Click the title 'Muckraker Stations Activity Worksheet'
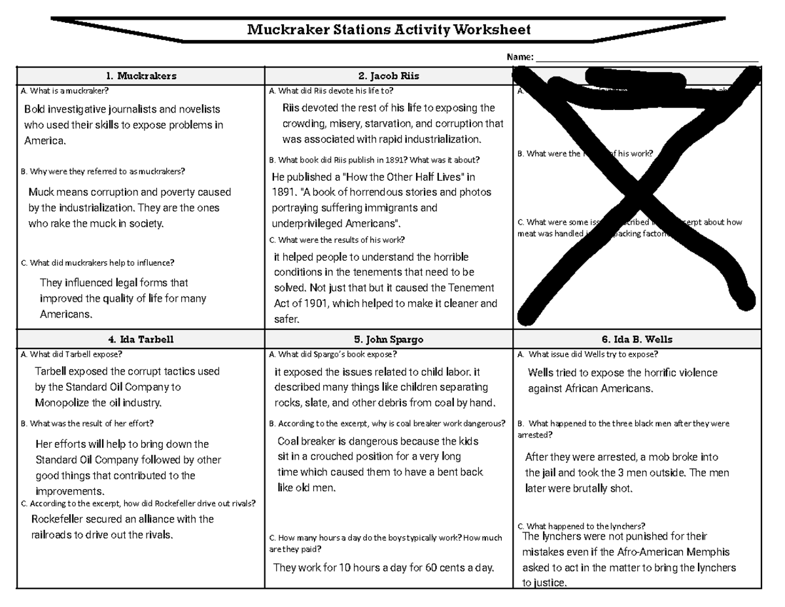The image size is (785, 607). coord(389,29)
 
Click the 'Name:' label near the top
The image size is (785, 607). coord(520,58)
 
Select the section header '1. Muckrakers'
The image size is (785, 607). coord(141,76)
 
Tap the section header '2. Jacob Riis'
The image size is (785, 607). coord(389,76)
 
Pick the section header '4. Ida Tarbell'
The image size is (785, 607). coord(141,339)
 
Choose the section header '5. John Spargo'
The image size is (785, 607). coord(389,339)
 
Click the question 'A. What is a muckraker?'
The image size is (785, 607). coord(65,91)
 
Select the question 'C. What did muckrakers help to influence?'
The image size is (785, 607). coord(97,263)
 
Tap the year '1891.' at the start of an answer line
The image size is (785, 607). coord(283,193)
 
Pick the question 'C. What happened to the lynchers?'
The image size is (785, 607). coord(581,526)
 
